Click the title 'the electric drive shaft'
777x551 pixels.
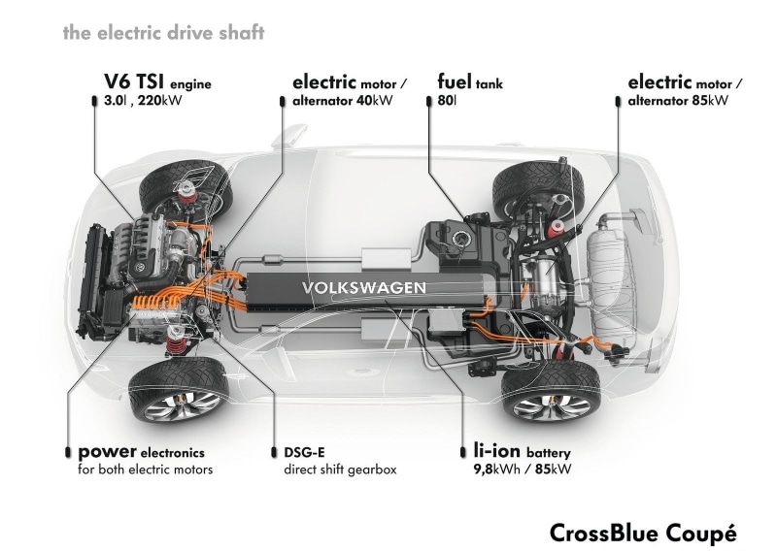coord(163,33)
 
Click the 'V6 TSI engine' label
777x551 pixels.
coord(157,81)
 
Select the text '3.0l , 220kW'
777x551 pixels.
coord(143,101)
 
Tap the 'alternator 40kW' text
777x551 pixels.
coord(343,101)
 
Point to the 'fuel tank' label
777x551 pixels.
coord(470,81)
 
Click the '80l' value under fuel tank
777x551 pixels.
coord(447,101)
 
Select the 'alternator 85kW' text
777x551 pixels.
coord(678,101)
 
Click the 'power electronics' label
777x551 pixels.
coord(141,452)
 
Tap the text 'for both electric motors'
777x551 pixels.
coord(145,470)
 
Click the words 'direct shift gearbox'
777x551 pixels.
coord(341,470)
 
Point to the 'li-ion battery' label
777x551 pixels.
coord(523,451)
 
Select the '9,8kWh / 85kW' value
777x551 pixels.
coord(523,469)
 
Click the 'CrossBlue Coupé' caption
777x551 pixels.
coord(643,534)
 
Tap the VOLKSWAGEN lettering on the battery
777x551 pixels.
coord(363,288)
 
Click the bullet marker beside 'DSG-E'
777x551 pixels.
coord(274,452)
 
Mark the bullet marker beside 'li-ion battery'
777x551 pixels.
coord(463,452)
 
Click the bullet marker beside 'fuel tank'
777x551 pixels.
coord(429,101)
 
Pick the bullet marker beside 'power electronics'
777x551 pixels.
coord(68,452)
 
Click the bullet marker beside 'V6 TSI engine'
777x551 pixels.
coord(94,101)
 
